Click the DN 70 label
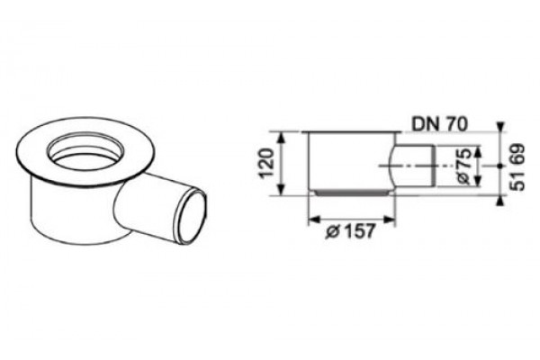(440, 124)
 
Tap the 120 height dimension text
(267, 163)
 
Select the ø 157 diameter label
(349, 230)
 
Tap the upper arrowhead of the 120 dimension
(282, 138)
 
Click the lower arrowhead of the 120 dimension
(282, 190)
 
